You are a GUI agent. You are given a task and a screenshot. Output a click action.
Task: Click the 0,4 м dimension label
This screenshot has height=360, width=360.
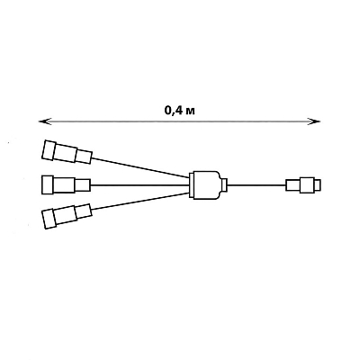[x=180, y=111]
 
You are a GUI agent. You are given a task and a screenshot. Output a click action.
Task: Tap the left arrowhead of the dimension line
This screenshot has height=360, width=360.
[x=43, y=121]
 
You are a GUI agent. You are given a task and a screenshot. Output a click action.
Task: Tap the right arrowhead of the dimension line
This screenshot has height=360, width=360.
[x=316, y=121]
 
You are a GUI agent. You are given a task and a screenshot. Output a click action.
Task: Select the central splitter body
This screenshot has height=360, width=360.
[x=205, y=185]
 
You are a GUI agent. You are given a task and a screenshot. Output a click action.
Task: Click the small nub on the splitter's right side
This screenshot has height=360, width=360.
[x=224, y=185]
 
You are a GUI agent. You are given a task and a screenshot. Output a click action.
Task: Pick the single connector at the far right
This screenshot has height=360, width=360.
[x=303, y=184]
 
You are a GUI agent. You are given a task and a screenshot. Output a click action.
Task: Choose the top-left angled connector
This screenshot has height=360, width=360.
[x=67, y=151]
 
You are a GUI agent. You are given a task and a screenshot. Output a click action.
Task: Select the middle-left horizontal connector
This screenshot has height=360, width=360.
[x=66, y=184]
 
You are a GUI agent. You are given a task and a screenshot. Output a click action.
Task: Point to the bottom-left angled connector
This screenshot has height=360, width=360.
[x=67, y=216]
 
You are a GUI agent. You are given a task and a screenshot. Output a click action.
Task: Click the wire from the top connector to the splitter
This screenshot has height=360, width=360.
[x=140, y=167]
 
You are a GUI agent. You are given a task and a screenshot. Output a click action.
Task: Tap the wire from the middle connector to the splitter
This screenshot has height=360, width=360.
[x=139, y=185]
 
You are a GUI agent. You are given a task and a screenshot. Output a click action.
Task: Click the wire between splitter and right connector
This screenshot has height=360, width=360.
[x=256, y=185]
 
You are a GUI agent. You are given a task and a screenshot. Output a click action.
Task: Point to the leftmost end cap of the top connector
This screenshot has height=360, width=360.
[x=49, y=149]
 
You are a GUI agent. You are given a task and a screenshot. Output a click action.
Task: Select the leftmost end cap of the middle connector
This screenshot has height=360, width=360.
[x=47, y=184]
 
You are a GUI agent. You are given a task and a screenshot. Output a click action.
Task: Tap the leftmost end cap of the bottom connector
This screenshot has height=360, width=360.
[x=49, y=220]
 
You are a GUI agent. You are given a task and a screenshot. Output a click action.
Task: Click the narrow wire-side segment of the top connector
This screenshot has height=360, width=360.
[x=83, y=157]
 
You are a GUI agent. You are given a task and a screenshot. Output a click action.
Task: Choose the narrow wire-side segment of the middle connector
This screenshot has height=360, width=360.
[x=82, y=184]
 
